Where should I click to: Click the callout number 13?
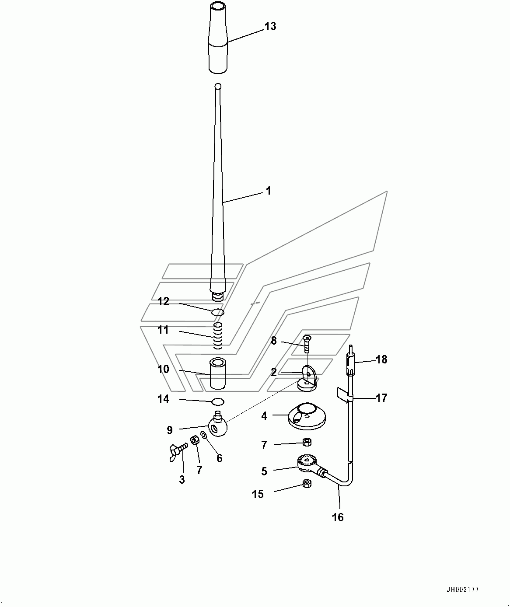point(270,26)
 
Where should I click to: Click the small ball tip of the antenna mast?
point(218,86)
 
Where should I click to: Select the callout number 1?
point(269,191)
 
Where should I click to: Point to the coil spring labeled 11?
point(218,336)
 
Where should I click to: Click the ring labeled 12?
point(218,313)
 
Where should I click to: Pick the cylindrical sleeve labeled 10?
point(218,373)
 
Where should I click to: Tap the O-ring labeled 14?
point(218,402)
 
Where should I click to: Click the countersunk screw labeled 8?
point(307,344)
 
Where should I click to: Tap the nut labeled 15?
point(307,484)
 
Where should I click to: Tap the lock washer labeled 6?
point(203,436)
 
